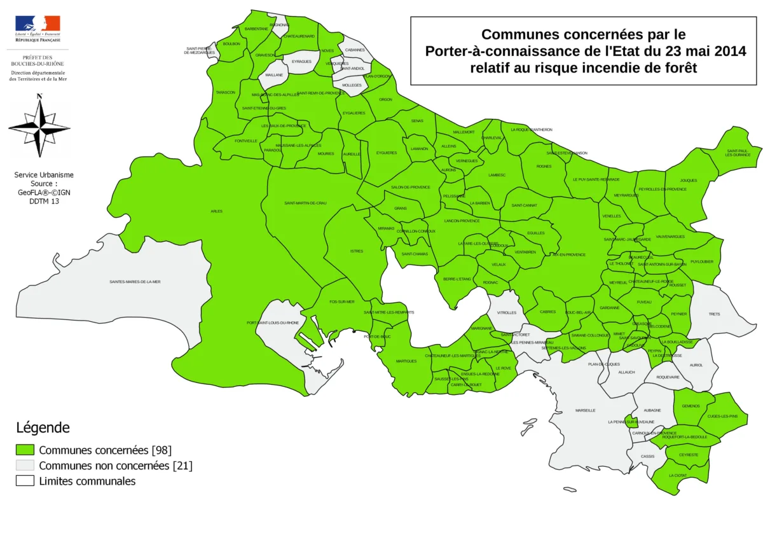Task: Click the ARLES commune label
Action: pos(216,211)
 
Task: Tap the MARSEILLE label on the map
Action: pos(585,410)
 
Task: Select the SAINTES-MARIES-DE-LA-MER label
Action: pos(135,282)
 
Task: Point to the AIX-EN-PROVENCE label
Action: pos(568,254)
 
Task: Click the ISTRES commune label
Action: pos(357,251)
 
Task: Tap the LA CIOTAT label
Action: pos(678,475)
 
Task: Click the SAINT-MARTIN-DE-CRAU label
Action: pos(305,203)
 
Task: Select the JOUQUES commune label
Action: pos(689,180)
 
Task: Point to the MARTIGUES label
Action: pos(406,361)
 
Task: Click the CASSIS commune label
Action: pos(647,456)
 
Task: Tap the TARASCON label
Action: pos(226,93)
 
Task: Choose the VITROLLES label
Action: pos(506,312)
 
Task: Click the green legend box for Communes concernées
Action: pos(25,450)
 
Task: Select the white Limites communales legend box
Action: pos(25,481)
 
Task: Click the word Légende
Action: pos(43,428)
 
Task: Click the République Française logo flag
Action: pos(38,24)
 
